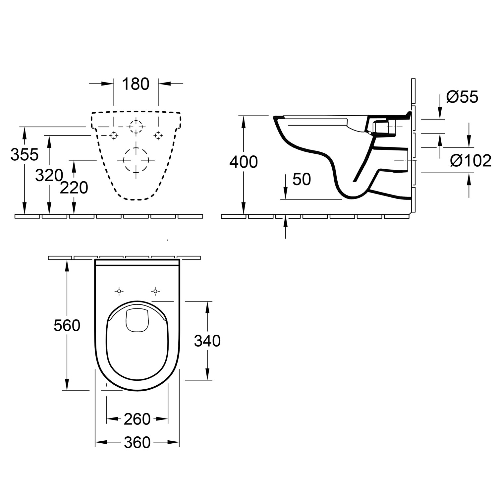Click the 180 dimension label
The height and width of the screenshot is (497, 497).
pyautogui.click(x=136, y=84)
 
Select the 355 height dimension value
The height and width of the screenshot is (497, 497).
pyautogui.click(x=25, y=154)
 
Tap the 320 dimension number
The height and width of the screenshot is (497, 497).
pyautogui.click(x=49, y=175)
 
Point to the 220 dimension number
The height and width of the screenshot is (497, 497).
pyautogui.click(x=74, y=188)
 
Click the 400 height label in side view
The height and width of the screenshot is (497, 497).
pyautogui.click(x=244, y=162)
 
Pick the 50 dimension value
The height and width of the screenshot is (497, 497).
pyautogui.click(x=302, y=179)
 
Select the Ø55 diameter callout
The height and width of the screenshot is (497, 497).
pyautogui.click(x=462, y=97)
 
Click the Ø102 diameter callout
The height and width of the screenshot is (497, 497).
pyautogui.click(x=470, y=161)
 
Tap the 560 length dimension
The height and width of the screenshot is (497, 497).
pyautogui.click(x=67, y=326)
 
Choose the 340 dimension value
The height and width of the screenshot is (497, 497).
pyautogui.click(x=207, y=341)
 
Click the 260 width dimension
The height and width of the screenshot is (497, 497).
pyautogui.click(x=137, y=419)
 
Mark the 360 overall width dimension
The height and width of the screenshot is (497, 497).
pyautogui.click(x=137, y=443)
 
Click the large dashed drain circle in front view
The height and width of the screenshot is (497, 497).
pyautogui.click(x=136, y=160)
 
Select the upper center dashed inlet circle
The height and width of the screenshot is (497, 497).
pyautogui.click(x=136, y=127)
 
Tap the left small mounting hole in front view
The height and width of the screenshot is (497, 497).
pyautogui.click(x=114, y=135)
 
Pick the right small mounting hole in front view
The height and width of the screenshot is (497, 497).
pyautogui.click(x=158, y=135)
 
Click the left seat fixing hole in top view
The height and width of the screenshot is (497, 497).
pyautogui.click(x=119, y=291)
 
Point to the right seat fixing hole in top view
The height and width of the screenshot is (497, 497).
pyautogui.click(x=155, y=291)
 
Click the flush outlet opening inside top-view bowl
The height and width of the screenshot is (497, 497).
pyautogui.click(x=138, y=320)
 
